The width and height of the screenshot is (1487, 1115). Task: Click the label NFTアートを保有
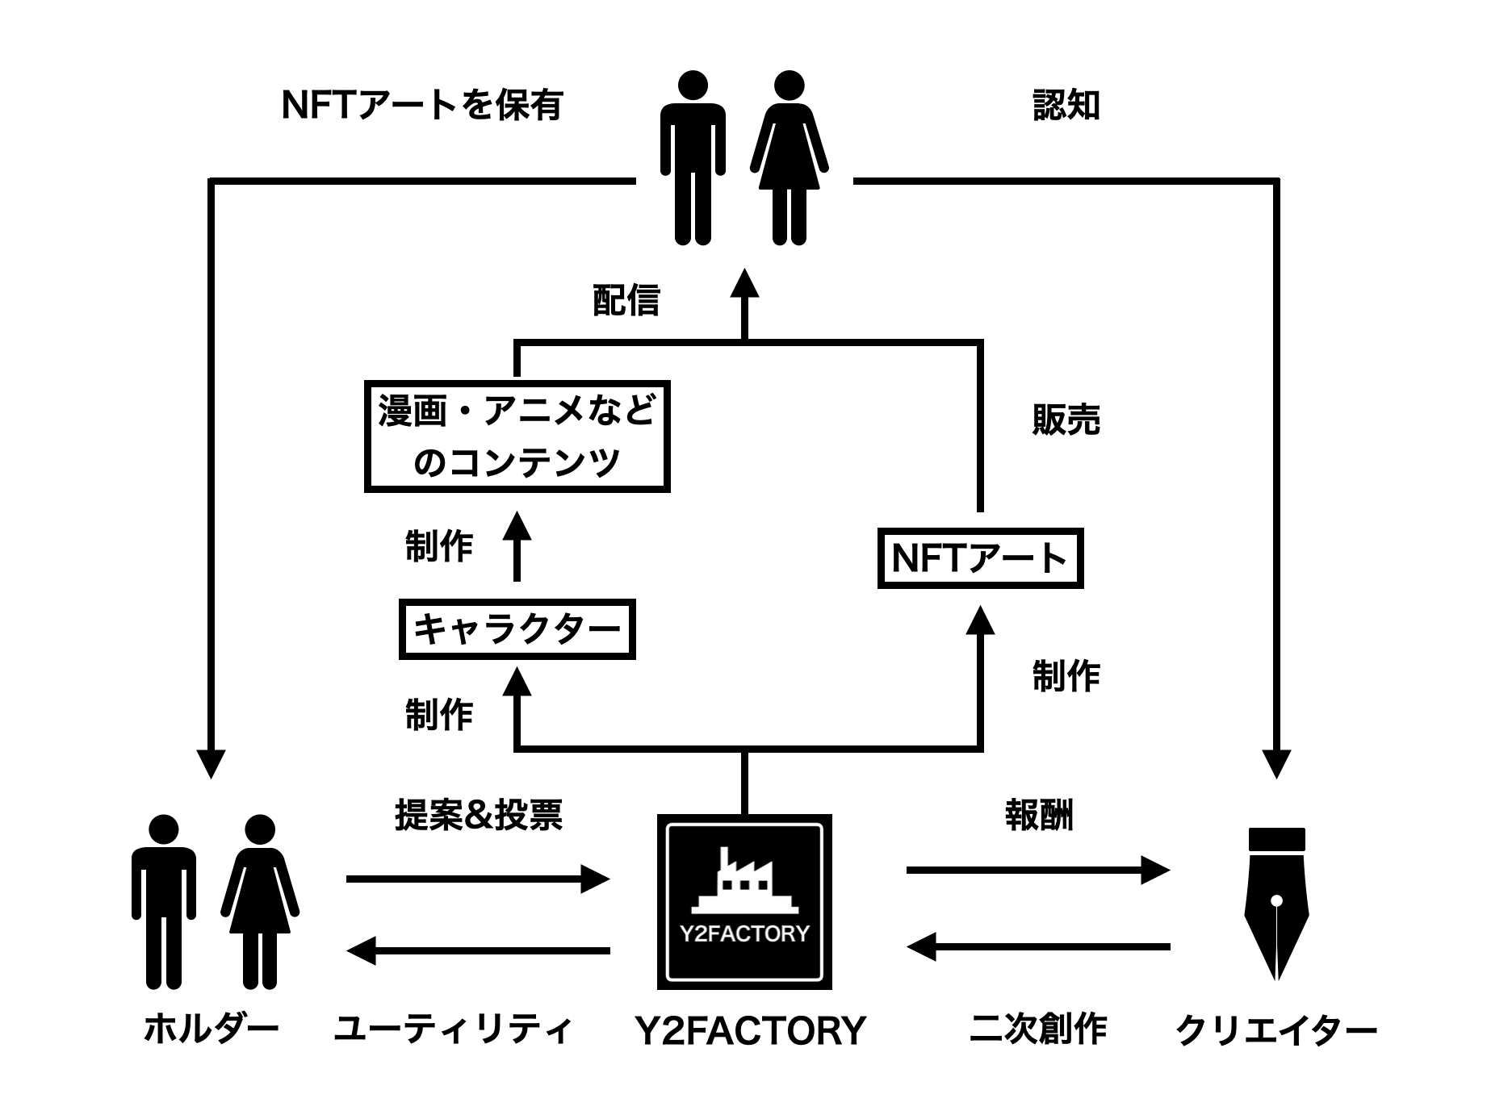point(421,106)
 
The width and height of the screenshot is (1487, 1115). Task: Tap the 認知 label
point(1066,106)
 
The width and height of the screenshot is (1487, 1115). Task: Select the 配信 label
point(626,300)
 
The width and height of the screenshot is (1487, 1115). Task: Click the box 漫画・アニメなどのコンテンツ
point(517,436)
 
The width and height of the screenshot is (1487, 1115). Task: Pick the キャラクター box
point(517,629)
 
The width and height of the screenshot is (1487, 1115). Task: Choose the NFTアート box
point(980,558)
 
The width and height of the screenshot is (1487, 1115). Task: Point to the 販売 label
point(1066,420)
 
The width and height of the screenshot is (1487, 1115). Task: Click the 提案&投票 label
point(478,816)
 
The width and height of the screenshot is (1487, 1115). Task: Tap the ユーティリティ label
point(453,1029)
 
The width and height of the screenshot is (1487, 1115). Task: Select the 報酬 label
point(1039,816)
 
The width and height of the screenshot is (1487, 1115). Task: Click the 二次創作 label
point(1038,1029)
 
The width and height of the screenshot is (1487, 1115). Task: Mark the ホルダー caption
point(211,1029)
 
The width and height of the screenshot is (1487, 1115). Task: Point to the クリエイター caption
point(1276,1031)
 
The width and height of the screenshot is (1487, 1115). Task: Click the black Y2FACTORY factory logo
point(744,902)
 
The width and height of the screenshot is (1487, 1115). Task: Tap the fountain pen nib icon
point(1276,904)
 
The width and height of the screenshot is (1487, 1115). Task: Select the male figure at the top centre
point(693,157)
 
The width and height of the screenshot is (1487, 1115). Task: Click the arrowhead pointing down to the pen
point(1276,763)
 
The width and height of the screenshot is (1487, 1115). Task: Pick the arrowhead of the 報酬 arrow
point(1155,870)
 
